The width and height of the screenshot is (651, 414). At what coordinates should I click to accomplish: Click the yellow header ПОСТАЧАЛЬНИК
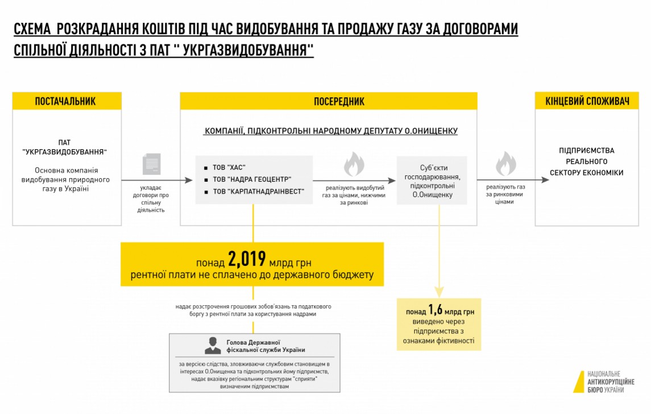pos(67,101)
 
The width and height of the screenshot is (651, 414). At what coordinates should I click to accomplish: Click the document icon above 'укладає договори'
pos(151,164)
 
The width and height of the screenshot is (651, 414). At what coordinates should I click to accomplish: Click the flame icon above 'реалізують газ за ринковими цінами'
pos(505,164)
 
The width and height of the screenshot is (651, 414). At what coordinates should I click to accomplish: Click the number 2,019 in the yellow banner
pos(247,260)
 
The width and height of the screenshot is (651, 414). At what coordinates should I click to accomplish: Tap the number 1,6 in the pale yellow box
pos(436,310)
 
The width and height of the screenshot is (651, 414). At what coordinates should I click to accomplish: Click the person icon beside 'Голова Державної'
pos(213,345)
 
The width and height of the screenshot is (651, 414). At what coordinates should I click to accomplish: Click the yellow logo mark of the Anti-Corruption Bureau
pos(579,382)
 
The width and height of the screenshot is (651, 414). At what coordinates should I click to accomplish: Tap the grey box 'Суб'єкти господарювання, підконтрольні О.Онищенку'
pos(432,181)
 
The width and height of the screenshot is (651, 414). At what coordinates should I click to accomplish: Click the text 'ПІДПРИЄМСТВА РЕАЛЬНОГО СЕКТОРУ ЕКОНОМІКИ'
pos(591,162)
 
